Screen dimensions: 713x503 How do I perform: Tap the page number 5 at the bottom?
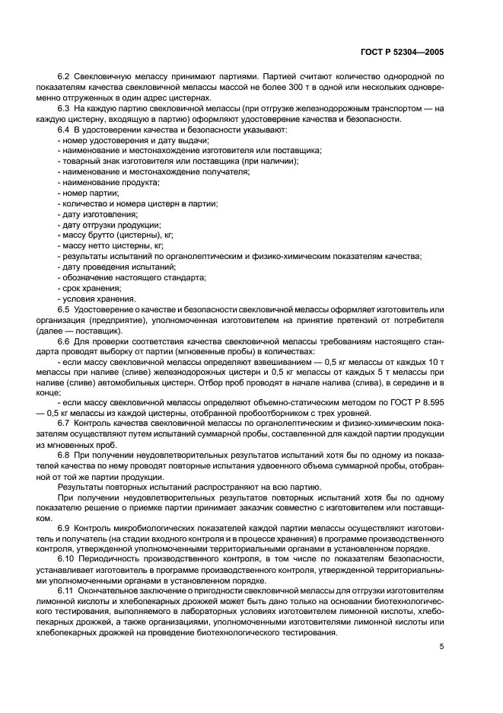tap(441, 647)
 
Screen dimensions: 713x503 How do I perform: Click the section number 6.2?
tap(64, 77)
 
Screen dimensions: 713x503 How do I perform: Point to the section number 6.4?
tap(64, 129)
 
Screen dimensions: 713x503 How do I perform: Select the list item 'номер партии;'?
tap(85, 193)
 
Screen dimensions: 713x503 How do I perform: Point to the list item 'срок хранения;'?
tap(90, 288)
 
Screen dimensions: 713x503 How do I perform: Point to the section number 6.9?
tap(64, 527)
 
